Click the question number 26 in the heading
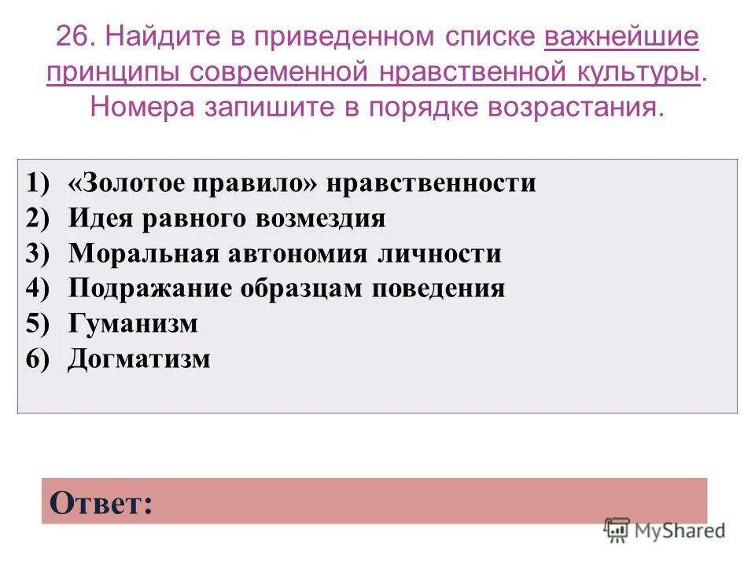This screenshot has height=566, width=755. point(75,37)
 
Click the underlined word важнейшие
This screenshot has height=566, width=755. point(621,37)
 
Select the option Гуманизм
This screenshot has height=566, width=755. point(133,324)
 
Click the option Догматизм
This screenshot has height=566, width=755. point(139,359)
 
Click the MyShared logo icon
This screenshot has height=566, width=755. point(617,531)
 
